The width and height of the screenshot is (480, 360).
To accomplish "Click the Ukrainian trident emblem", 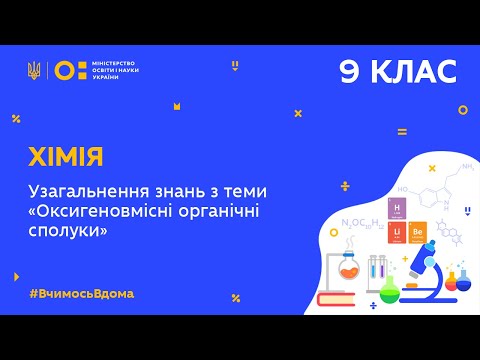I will pyautogui.click(x=34, y=70).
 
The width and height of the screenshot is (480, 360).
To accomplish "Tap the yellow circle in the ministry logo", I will pyautogui.click(x=63, y=70).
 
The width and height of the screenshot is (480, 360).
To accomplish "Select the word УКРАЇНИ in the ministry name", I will pyautogui.click(x=106, y=78).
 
